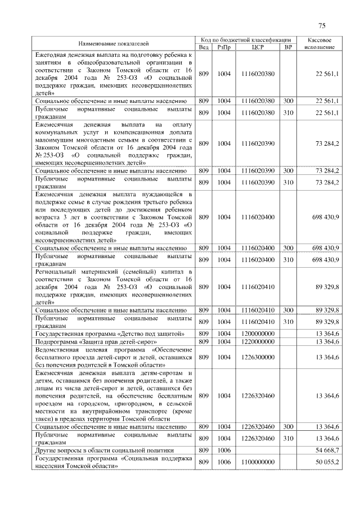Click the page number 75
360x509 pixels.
pos(322,25)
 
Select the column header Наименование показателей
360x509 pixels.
pos(113,43)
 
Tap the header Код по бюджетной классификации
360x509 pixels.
pos(246,40)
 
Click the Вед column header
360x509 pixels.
pos(204,47)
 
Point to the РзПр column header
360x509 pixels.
pos(224,47)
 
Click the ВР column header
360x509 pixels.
pos(288,47)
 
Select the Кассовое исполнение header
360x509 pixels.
pos(319,43)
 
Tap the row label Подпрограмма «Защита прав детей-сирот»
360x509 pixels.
pos(95,341)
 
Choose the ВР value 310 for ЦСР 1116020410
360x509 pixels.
pos(288,322)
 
